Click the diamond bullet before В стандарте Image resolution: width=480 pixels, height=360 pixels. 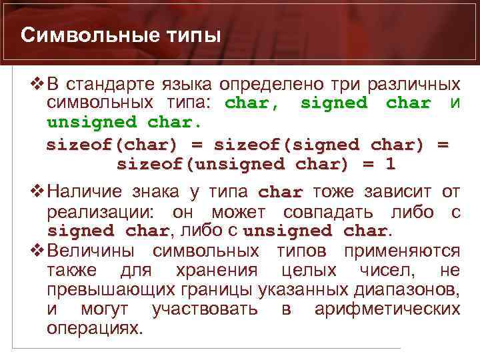[x=37, y=85]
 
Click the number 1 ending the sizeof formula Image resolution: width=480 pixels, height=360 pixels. [x=391, y=164]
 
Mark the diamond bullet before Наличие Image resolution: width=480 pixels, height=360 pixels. [x=37, y=193]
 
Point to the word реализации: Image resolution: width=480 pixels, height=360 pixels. [x=103, y=212]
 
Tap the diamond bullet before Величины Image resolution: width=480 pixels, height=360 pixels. [x=37, y=251]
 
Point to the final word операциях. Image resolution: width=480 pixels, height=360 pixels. [x=95, y=329]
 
